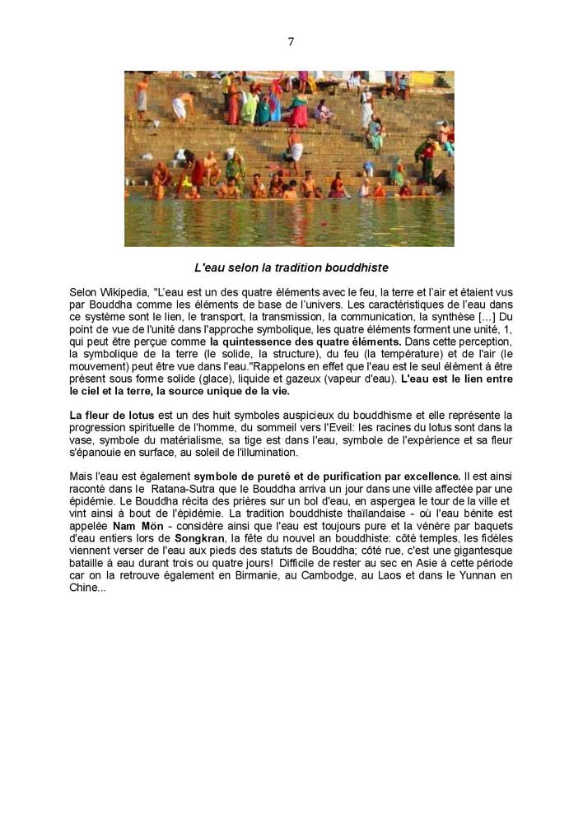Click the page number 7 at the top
point(291,42)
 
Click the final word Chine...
point(83,587)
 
